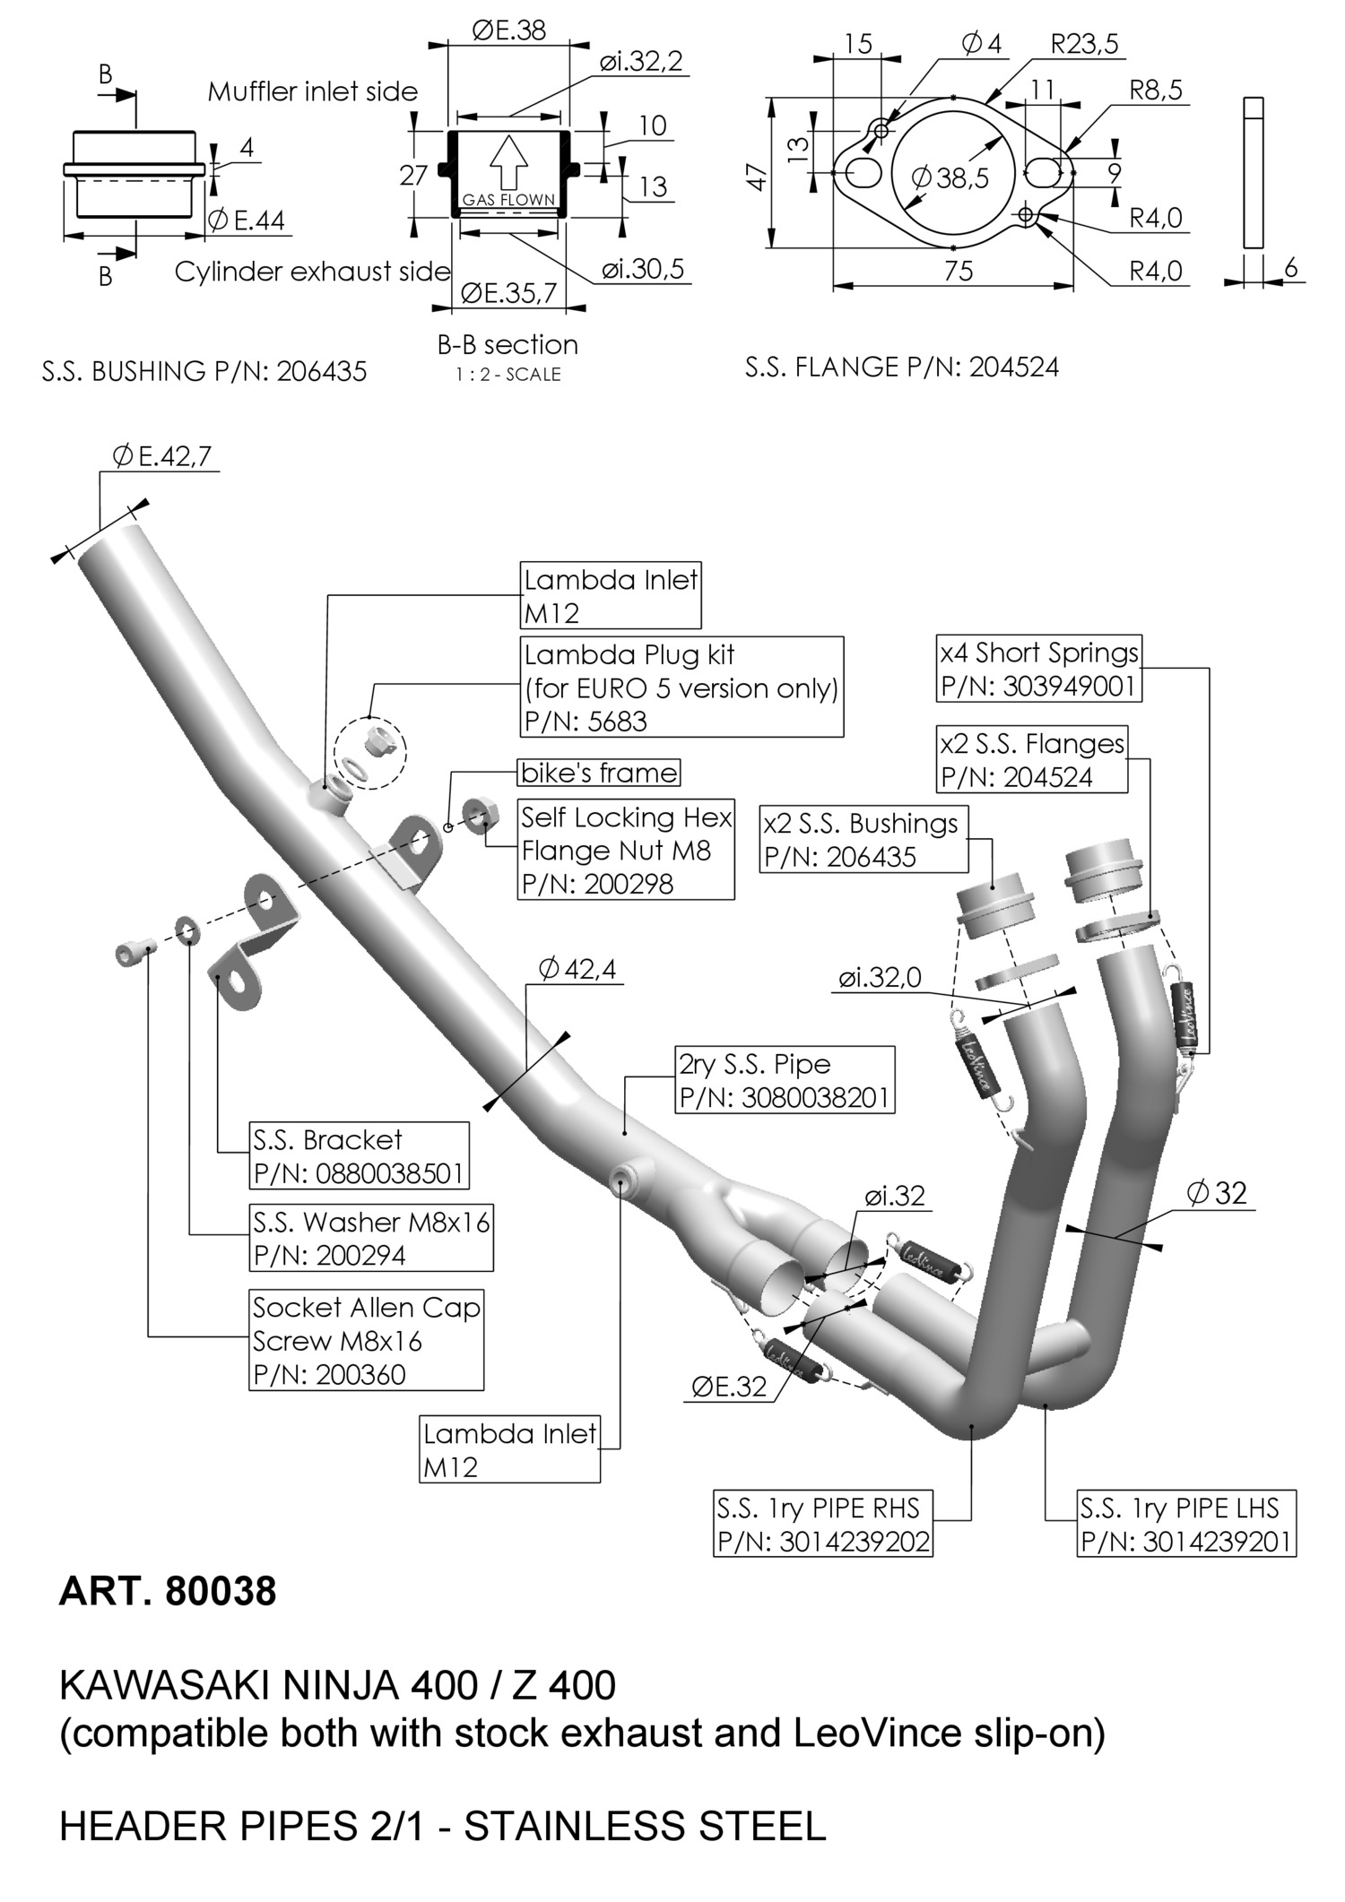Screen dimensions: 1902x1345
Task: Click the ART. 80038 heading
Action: [168, 1592]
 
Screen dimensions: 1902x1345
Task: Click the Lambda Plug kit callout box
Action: [681, 687]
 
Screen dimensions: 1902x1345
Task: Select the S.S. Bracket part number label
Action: [360, 1156]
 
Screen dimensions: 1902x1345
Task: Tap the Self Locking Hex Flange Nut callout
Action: [626, 850]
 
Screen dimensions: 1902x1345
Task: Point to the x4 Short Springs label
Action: [1038, 670]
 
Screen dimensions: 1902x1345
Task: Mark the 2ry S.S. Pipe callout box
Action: [785, 1080]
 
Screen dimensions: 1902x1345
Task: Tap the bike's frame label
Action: [599, 773]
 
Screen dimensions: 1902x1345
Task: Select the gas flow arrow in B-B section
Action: [508, 162]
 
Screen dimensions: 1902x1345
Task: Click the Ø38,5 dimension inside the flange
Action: [950, 178]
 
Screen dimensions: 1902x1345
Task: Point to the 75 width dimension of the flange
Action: [959, 272]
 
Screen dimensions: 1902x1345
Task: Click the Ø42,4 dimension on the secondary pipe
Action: [577, 969]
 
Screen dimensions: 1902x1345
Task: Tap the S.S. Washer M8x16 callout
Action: [371, 1238]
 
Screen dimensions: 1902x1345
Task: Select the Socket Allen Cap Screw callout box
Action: [366, 1341]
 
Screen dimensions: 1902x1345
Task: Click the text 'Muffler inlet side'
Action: [313, 91]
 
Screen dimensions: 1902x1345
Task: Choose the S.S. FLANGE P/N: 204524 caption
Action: [902, 367]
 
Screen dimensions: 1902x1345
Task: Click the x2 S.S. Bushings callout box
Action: [864, 840]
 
